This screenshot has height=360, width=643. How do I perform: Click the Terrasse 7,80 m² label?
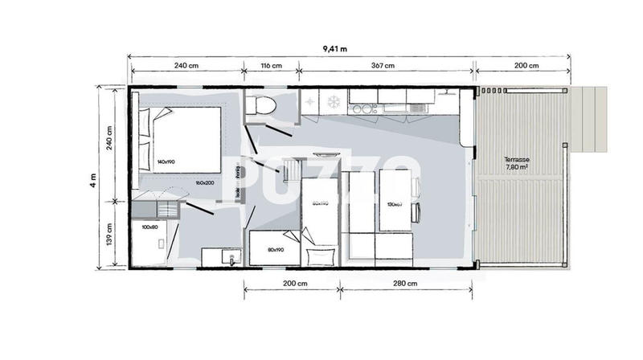[x=517, y=164]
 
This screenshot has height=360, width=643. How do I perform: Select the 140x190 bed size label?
[x=167, y=162]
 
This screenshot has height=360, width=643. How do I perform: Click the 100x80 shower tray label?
[x=150, y=228]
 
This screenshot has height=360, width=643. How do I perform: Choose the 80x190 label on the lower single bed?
[x=273, y=250]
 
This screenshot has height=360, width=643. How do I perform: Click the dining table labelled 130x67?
[x=394, y=202]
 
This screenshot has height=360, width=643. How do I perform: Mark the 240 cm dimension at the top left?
[x=186, y=65]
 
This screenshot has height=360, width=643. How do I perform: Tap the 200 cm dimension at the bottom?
[x=295, y=284]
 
